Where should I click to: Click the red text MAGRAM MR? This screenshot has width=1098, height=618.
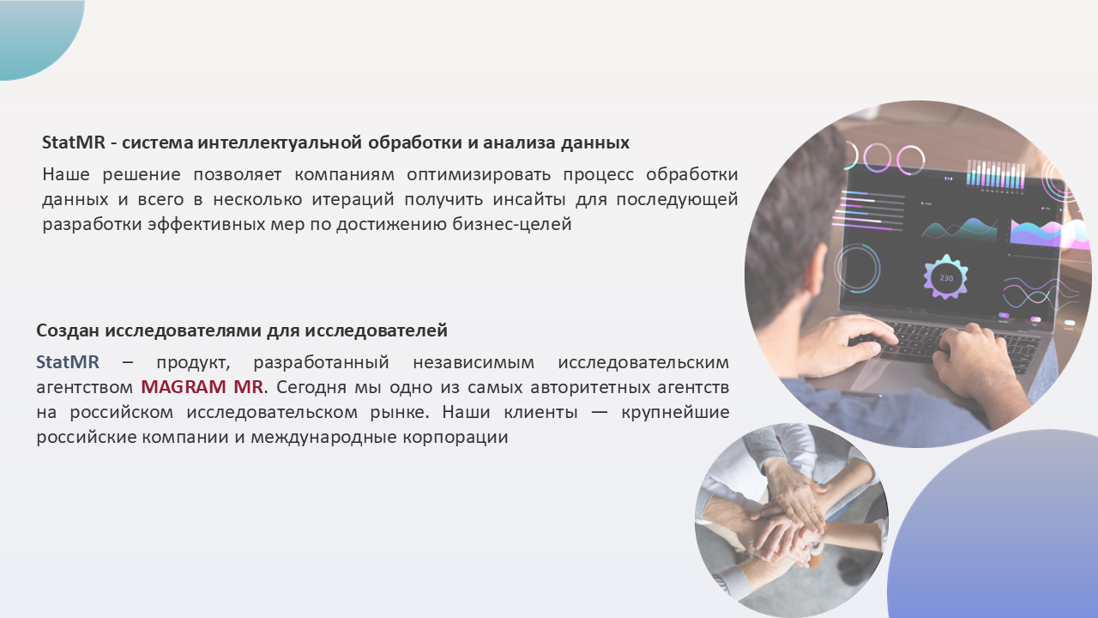[x=202, y=387]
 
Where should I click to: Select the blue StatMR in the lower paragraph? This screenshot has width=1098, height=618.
[x=68, y=362]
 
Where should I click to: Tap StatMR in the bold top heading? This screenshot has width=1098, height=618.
[x=74, y=142]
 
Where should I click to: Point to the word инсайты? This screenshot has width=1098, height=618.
[x=529, y=200]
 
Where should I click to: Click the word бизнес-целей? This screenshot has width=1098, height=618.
[x=512, y=224]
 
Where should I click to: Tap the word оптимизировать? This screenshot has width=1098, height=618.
[x=479, y=175]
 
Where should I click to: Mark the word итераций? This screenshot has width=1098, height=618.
[x=353, y=200]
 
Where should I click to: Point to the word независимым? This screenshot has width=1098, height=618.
[x=474, y=362]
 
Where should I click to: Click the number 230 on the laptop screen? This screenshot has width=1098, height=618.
[x=946, y=278]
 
